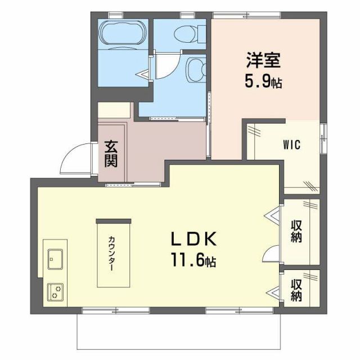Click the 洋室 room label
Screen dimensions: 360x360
click(263, 60)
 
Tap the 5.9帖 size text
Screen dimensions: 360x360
click(263, 82)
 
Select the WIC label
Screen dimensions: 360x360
click(291, 144)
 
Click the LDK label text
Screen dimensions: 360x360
click(193, 240)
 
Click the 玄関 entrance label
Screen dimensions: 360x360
click(110, 153)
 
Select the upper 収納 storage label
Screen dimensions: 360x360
click(297, 231)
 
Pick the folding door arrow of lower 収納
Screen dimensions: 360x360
click(274, 292)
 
